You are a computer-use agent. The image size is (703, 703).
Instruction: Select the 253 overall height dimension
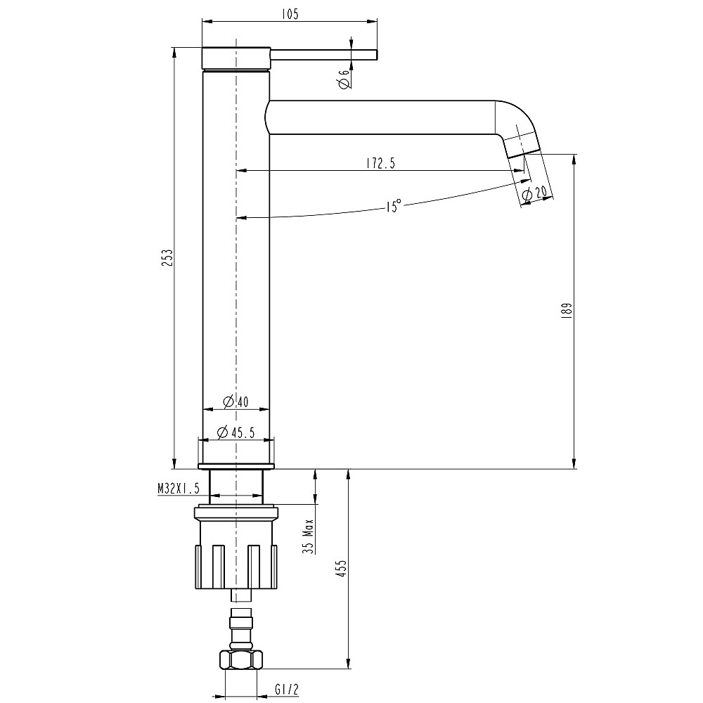pos(167,258)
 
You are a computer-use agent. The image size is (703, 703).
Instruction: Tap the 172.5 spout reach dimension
pos(380,163)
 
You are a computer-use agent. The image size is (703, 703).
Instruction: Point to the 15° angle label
pos(393,206)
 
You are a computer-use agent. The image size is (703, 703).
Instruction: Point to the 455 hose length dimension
pos(340,568)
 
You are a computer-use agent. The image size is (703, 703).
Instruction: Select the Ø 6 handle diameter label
pos(344,79)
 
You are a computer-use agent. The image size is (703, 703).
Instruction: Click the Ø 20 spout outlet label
pos(535,193)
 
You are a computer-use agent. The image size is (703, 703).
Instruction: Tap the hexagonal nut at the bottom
pos(241,659)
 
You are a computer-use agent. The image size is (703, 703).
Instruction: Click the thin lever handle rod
pos(324,55)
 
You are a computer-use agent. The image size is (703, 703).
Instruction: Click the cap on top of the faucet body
pos(236,58)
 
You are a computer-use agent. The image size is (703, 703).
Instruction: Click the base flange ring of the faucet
pos(236,466)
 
